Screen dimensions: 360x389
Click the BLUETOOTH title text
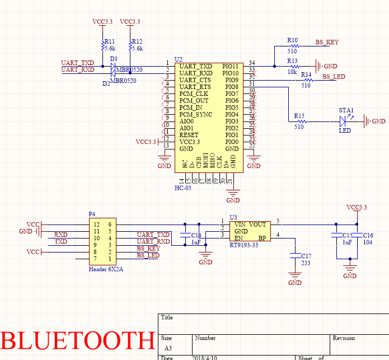click(x=77, y=340)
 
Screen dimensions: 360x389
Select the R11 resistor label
click(x=109, y=41)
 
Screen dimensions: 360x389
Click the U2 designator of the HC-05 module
click(x=179, y=59)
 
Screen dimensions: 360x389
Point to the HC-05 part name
click(x=183, y=188)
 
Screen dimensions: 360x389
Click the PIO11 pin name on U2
click(x=231, y=66)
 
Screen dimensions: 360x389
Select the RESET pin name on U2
click(x=189, y=135)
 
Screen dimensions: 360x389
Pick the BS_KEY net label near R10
click(x=327, y=42)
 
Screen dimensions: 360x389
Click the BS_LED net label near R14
click(x=334, y=76)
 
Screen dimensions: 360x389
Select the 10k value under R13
click(x=292, y=72)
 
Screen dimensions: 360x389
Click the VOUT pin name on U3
click(x=258, y=224)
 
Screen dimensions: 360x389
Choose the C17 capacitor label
click(x=306, y=256)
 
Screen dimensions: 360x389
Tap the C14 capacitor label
click(x=196, y=236)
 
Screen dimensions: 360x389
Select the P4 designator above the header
click(x=92, y=214)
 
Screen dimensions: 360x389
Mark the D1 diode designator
click(x=114, y=59)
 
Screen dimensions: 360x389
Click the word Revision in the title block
click(x=344, y=338)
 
